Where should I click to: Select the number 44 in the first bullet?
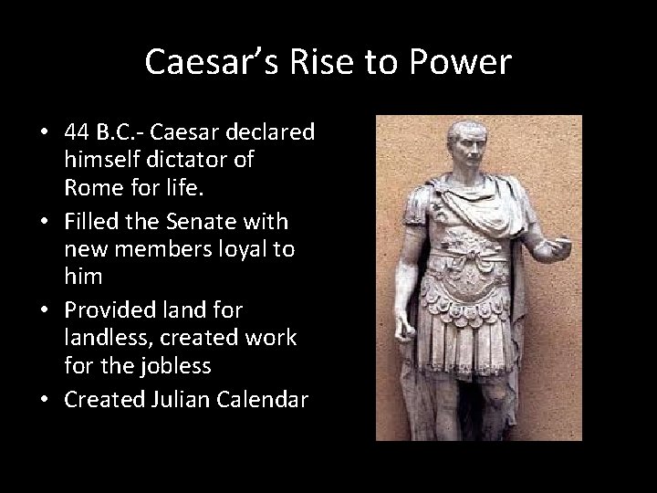point(78,132)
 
